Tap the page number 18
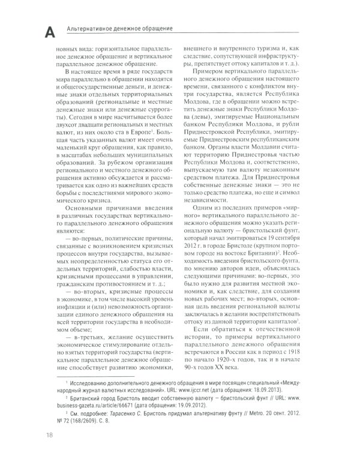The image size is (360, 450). coord(41,434)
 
